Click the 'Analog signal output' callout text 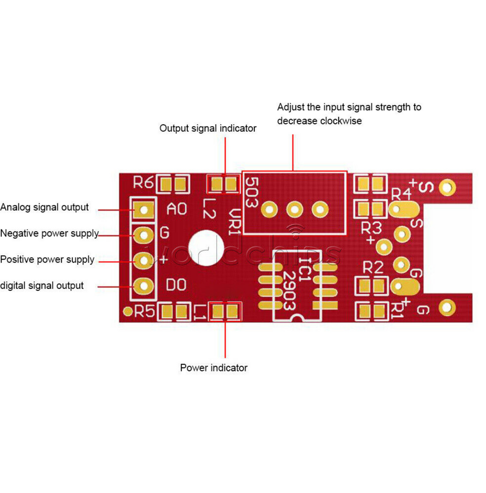44,208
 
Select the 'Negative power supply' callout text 49,234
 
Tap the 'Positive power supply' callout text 47,259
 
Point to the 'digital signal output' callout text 42,285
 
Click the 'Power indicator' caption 213,368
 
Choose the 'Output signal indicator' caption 208,129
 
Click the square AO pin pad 144,209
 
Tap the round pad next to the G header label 143,235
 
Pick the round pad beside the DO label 143,286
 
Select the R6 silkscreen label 143,183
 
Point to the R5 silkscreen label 144,312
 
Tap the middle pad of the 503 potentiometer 294,209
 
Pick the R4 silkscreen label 401,195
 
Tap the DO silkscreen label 176,285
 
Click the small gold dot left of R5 128,311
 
